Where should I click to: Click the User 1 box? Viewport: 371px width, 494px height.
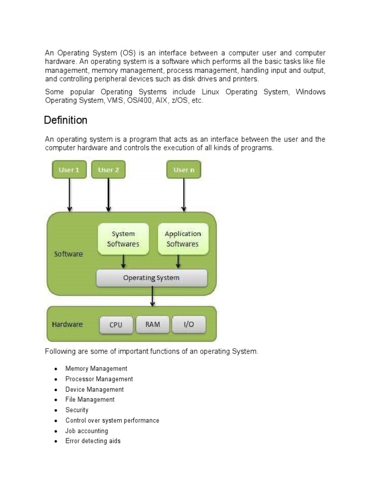pyautogui.click(x=69, y=169)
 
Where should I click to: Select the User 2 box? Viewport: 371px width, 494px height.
pyautogui.click(x=108, y=169)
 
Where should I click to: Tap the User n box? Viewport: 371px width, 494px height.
pyautogui.click(x=184, y=169)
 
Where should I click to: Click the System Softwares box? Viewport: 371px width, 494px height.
pyautogui.click(x=123, y=239)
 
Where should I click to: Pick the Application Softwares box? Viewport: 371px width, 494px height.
pyautogui.click(x=183, y=239)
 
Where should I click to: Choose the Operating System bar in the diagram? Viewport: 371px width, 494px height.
pyautogui.click(x=152, y=278)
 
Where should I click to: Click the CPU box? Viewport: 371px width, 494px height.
pyautogui.click(x=116, y=325)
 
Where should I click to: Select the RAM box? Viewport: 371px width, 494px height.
pyautogui.click(x=153, y=324)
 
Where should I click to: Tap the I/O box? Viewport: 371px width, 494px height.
pyautogui.click(x=188, y=324)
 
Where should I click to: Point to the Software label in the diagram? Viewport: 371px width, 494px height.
pyautogui.click(x=69, y=254)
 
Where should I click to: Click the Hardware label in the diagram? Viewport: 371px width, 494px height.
pyautogui.click(x=67, y=324)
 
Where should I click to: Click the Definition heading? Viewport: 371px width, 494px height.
pyautogui.click(x=66, y=120)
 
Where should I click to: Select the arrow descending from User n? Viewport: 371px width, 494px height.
pyautogui.click(x=184, y=195)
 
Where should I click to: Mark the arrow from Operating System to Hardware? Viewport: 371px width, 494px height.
pyautogui.click(x=153, y=296)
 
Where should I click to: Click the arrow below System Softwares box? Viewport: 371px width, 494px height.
pyautogui.click(x=124, y=261)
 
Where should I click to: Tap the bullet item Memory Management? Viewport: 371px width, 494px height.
pyautogui.click(x=96, y=369)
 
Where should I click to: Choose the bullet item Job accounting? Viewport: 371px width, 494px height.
pyautogui.click(x=86, y=431)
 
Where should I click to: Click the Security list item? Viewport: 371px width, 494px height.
pyautogui.click(x=77, y=410)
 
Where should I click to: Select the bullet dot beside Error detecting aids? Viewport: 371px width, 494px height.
pyautogui.click(x=56, y=441)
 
